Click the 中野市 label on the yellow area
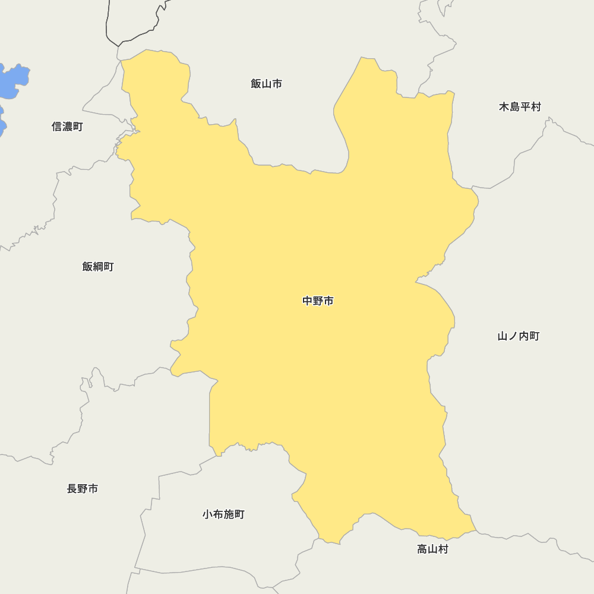pos(318,301)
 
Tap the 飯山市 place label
pos(266,84)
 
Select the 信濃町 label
pos(67,127)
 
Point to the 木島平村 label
pos(520,107)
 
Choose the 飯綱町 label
pos(98,267)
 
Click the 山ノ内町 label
pos(519,336)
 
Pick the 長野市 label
pos(83,489)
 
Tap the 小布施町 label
pos(223,514)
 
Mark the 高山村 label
pos(432,549)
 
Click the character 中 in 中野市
pos(308,301)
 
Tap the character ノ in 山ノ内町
pos(513,336)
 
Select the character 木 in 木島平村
pos(504,107)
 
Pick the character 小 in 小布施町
pos(208,514)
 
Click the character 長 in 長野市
pos(72,489)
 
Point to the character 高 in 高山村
pos(422,549)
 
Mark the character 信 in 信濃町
pos(57,127)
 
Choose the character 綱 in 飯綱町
pos(98,267)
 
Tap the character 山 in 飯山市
pos(266,84)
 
